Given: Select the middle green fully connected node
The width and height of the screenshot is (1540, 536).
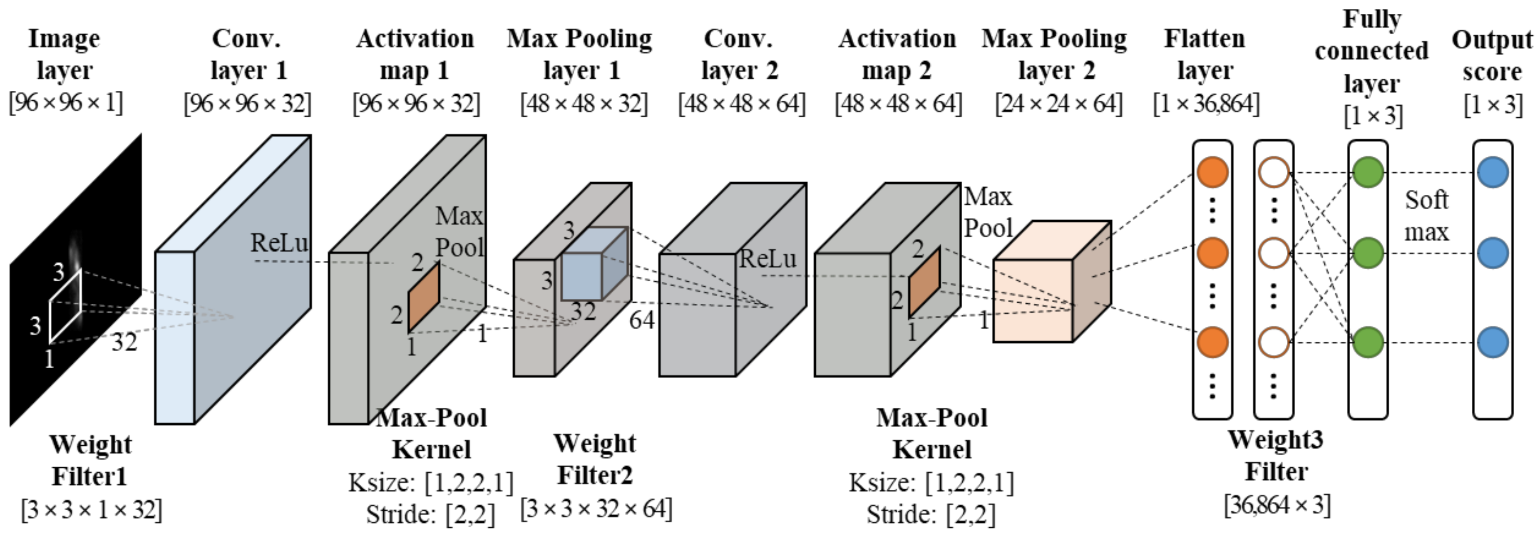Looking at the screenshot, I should click(1368, 253).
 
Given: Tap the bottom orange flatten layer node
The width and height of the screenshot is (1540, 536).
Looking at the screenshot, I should click(1212, 342).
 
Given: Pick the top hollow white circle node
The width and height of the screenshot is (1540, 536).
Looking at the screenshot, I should click(1273, 172).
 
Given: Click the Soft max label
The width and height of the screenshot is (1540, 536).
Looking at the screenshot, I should click(1426, 216).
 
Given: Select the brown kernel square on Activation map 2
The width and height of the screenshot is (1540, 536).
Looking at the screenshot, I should click(924, 282).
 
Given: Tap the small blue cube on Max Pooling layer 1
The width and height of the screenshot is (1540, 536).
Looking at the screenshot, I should click(593, 265).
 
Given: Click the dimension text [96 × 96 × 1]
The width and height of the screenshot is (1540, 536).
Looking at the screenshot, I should click(66, 103).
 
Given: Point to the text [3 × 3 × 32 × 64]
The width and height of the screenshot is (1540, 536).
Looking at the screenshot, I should click(596, 509).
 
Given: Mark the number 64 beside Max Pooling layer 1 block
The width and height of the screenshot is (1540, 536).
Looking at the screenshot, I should click(641, 320).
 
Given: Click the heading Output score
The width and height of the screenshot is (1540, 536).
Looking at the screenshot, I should click(1492, 55).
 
